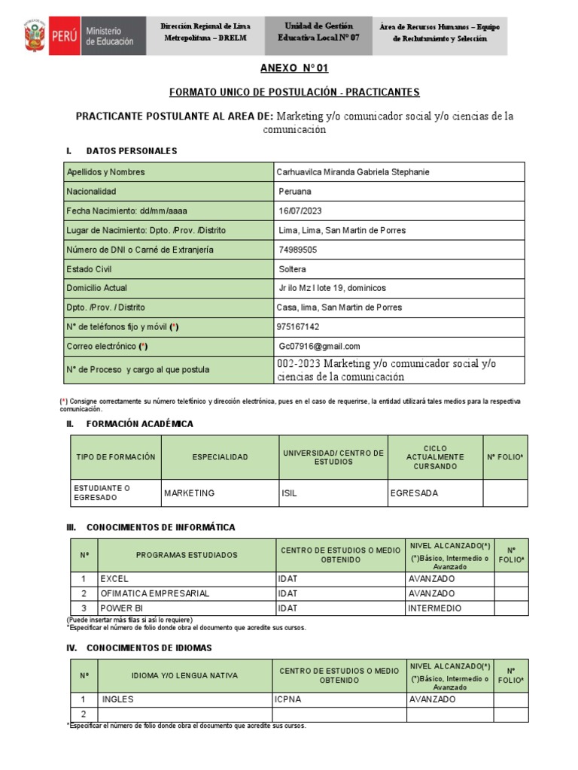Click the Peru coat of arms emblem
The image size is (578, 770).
coord(35,36)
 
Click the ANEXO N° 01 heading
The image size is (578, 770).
coord(294,68)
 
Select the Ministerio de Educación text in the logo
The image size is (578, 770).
coord(110,36)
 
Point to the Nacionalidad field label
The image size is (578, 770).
coord(92,192)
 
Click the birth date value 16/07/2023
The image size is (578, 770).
coord(300,211)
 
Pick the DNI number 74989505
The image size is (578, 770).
coord(297,250)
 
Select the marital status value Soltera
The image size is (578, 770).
coord(292,269)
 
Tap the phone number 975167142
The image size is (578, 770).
coord(299,327)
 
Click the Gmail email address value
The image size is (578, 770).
coord(319,347)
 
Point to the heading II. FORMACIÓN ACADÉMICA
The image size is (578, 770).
coord(140,424)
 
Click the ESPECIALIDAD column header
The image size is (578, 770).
coord(219,457)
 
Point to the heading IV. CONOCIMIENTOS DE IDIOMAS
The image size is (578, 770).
coord(149,647)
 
